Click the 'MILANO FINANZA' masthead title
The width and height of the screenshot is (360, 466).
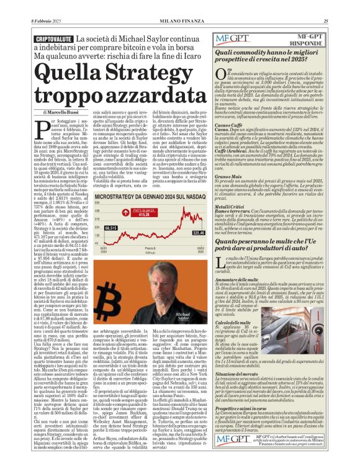pyautogui.click(x=180, y=20)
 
